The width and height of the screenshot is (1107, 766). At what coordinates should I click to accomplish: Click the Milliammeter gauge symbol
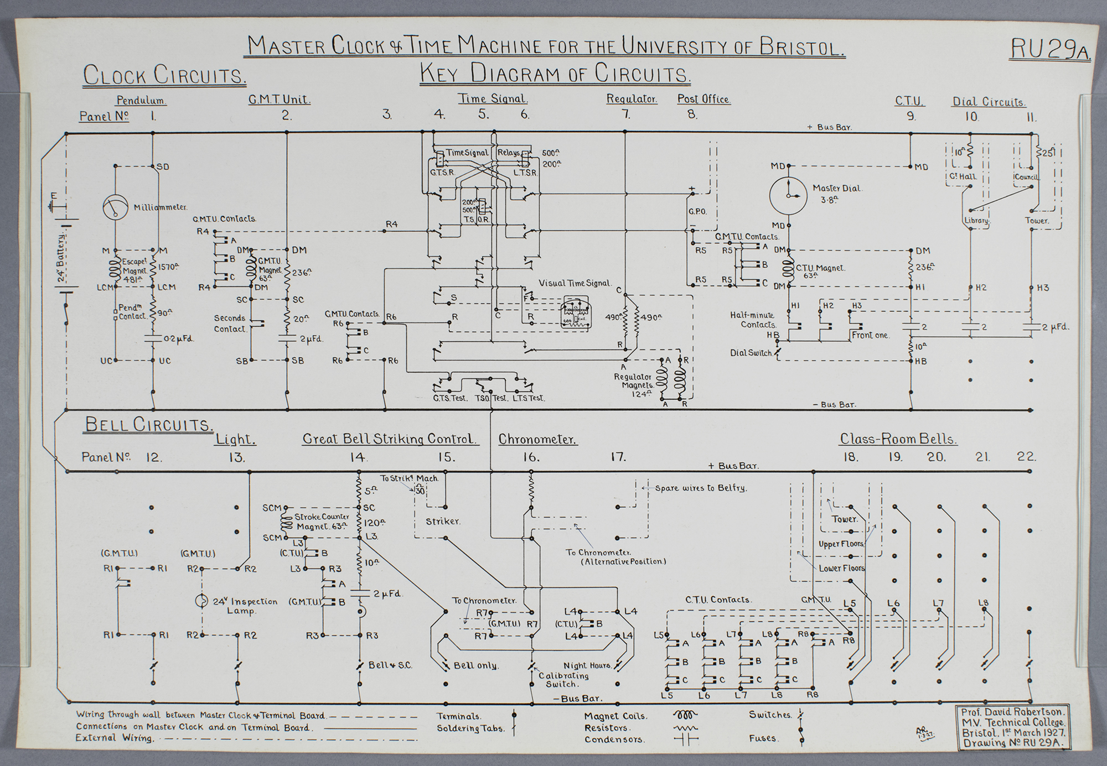(115, 207)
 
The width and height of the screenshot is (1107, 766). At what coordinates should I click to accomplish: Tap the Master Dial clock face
(788, 196)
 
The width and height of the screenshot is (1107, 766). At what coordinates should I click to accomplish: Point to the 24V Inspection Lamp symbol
(202, 601)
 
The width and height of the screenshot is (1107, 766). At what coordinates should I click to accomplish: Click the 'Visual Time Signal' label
(575, 283)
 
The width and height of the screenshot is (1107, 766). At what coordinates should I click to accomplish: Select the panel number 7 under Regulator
(625, 114)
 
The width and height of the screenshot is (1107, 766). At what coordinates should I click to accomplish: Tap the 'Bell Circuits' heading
(148, 424)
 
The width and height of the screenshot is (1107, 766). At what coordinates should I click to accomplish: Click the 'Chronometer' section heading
(537, 440)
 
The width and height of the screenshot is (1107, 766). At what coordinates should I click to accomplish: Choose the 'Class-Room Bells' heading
(898, 440)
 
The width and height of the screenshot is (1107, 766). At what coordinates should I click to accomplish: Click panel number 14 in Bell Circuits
(357, 457)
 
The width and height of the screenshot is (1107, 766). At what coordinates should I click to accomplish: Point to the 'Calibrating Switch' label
(563, 680)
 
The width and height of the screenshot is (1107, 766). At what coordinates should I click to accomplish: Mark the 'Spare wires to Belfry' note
(701, 488)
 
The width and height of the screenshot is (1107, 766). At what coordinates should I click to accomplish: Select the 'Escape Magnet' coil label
(134, 271)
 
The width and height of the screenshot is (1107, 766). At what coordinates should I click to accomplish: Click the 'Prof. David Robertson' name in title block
(1012, 713)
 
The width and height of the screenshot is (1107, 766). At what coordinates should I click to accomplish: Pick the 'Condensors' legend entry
(614, 739)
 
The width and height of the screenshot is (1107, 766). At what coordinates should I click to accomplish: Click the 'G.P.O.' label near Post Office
(697, 212)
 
